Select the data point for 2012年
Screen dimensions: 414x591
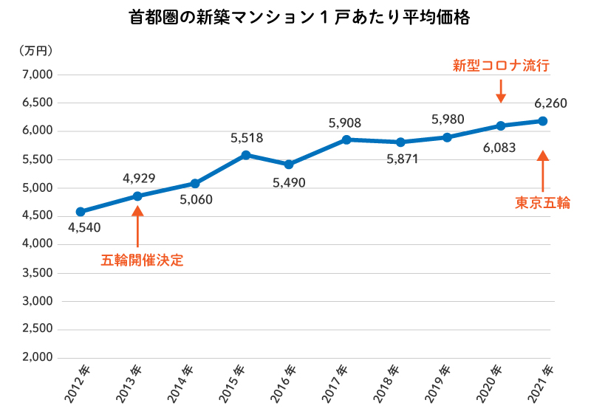(x=80, y=212)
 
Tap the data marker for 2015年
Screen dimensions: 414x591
(x=246, y=155)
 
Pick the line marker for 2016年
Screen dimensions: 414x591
(x=288, y=164)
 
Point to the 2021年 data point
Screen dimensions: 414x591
(x=542, y=121)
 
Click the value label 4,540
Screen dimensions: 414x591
(x=83, y=227)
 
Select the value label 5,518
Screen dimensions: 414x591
(x=247, y=137)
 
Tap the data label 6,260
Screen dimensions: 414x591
(x=551, y=103)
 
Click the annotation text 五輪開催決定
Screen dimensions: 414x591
(x=142, y=260)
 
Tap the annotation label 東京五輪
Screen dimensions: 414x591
(x=542, y=203)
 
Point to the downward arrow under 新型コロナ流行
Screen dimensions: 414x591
(x=501, y=91)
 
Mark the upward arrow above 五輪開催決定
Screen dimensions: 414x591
(x=137, y=227)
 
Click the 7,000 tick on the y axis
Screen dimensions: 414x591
(x=36, y=75)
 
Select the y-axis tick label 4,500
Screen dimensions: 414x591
(x=36, y=216)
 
